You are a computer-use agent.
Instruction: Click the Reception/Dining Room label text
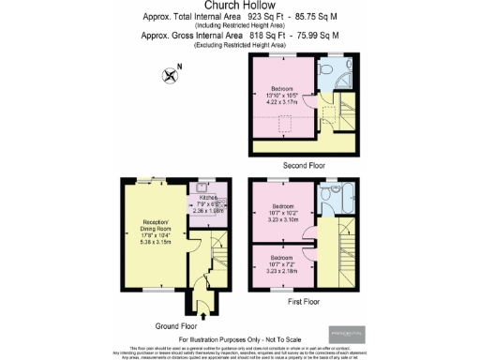pos(152,231)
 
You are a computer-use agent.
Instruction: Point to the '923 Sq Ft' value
pos(262,17)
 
